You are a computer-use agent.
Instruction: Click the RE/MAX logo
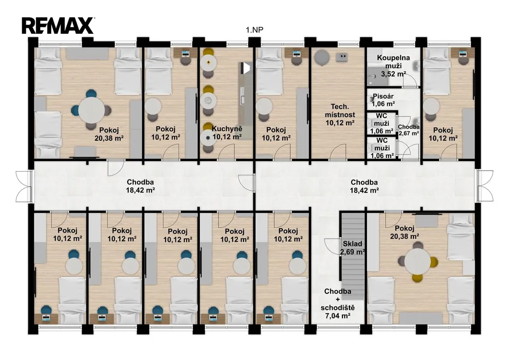pos(58,26)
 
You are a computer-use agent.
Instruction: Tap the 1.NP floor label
pos(254,30)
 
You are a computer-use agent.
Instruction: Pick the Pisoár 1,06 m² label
pos(383,100)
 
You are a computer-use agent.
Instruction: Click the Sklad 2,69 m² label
pos(352,248)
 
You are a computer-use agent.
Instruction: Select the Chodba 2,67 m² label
pos(409,130)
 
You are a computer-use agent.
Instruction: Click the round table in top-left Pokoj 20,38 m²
pos(91,110)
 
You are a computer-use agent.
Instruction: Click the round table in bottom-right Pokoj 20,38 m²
pos(418,262)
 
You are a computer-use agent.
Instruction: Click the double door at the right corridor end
pos(485,186)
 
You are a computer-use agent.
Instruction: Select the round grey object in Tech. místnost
pos(322,58)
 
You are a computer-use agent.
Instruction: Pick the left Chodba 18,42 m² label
pos(140,186)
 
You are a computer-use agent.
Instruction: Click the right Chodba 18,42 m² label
pos(364,186)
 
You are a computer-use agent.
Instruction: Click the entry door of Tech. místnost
pos(338,152)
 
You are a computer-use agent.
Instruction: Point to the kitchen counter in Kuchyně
pos(245,100)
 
